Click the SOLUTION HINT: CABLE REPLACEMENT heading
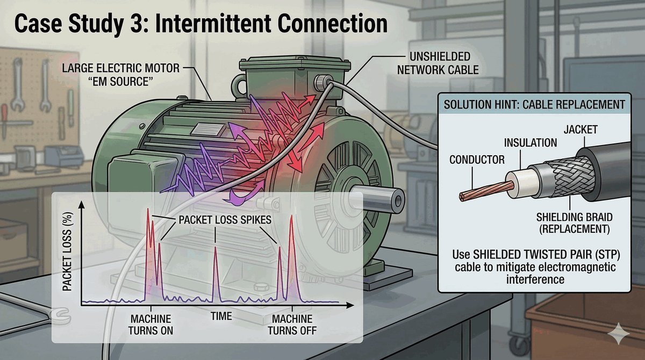[536, 105]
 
